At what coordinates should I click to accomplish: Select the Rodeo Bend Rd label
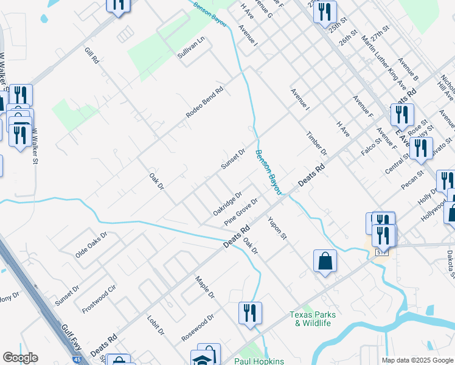click(x=205, y=102)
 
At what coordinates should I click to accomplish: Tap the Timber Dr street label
click(x=317, y=143)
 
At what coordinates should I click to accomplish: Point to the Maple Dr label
click(x=205, y=288)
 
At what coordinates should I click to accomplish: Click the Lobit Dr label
click(x=156, y=325)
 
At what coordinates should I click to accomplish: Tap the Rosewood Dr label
click(x=198, y=327)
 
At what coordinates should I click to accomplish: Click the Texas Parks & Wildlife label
click(x=310, y=319)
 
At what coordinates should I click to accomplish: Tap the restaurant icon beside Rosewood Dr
click(x=250, y=313)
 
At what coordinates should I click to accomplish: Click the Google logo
click(x=20, y=358)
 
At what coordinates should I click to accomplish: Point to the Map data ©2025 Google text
click(x=417, y=360)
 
